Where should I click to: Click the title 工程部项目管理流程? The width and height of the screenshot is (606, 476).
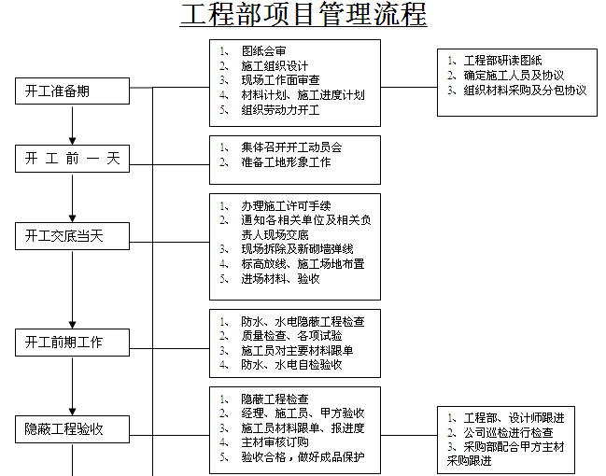click(303, 15)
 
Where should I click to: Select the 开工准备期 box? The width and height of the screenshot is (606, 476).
click(72, 91)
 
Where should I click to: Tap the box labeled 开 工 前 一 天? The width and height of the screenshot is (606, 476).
click(72, 159)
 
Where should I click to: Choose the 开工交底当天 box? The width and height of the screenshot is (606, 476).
click(72, 236)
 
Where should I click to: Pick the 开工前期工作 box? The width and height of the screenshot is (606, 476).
click(72, 343)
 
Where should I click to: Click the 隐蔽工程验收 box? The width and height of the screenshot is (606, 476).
click(72, 428)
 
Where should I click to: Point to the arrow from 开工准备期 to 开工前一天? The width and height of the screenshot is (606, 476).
click(72, 125)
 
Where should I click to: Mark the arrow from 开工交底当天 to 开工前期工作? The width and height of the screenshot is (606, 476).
click(72, 289)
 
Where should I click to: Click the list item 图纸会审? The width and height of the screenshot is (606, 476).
click(264, 51)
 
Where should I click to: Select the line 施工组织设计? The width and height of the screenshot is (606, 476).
click(275, 65)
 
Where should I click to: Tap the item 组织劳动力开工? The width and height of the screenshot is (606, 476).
click(280, 110)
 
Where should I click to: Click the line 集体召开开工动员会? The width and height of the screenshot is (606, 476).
click(291, 147)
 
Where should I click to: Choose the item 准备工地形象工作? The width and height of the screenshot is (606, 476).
click(286, 161)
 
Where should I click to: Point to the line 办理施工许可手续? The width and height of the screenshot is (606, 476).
click(286, 205)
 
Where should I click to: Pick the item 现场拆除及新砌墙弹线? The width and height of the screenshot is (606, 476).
click(297, 249)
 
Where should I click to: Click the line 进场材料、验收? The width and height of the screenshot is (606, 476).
click(280, 278)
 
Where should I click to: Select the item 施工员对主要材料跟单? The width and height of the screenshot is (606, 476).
click(297, 350)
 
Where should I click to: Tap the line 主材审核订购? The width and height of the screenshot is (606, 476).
click(275, 442)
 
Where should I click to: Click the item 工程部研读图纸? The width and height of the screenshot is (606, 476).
click(502, 61)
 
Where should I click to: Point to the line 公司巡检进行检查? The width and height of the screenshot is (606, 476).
click(508, 433)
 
